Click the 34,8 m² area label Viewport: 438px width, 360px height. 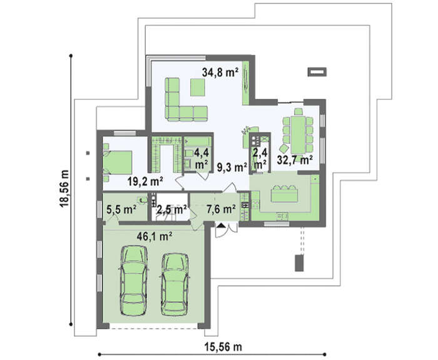pos(220,72)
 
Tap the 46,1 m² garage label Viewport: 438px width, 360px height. pos(154,237)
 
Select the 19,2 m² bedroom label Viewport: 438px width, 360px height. pos(145,182)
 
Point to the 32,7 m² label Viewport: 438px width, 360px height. pos(295,160)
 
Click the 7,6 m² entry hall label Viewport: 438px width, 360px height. pos(221,209)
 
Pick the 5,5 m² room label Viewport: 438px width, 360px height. pos(121,209)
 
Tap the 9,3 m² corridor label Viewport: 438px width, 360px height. pos(232,167)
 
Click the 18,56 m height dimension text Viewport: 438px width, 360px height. pos(65,188)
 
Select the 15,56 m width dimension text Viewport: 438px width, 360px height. pos(223,347)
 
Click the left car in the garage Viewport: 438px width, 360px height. pos(134,280)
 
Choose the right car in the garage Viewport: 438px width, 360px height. pos(175,284)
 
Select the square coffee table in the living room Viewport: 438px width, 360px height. pos(198,87)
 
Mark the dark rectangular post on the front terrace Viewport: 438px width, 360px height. pos(299,263)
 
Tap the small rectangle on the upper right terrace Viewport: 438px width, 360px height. pos(317,72)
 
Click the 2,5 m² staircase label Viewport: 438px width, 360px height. pos(171,209)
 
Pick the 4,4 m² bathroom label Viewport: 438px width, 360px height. pos(201,159)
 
